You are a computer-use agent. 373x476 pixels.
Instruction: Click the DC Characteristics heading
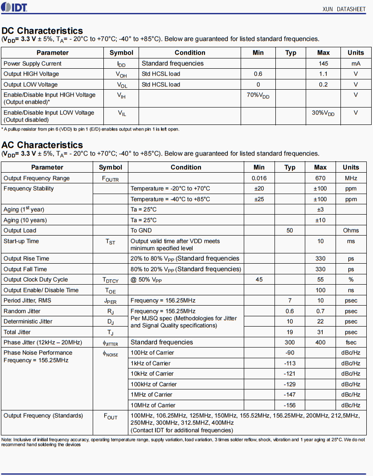pos(42,31)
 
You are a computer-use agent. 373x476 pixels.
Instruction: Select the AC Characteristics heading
pos(42,145)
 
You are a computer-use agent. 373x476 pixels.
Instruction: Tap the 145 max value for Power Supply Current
pos(324,63)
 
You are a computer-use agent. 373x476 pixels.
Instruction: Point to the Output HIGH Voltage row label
pos(31,74)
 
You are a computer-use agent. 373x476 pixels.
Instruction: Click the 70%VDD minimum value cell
pos(258,95)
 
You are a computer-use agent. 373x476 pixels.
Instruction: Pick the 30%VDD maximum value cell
pos(323,113)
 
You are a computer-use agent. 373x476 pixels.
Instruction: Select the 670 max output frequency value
pos(320,178)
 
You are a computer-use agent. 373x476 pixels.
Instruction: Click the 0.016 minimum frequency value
pos(259,178)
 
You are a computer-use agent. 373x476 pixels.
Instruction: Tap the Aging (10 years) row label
pos(25,220)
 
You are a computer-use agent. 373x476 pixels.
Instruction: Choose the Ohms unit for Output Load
pos(351,231)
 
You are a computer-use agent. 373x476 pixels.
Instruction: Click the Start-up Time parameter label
pos(21,241)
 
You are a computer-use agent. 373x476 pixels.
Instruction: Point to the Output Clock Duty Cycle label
pos(36,280)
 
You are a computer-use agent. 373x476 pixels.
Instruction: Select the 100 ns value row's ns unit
pos(351,290)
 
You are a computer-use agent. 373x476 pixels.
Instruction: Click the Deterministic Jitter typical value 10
pos(290,322)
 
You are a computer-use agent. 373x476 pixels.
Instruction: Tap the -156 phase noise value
pos(290,405)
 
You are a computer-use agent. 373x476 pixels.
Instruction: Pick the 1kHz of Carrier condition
pos(151,363)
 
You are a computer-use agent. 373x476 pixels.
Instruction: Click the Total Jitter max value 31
pos(320,332)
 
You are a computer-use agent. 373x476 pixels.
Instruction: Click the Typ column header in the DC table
pos(291,53)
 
